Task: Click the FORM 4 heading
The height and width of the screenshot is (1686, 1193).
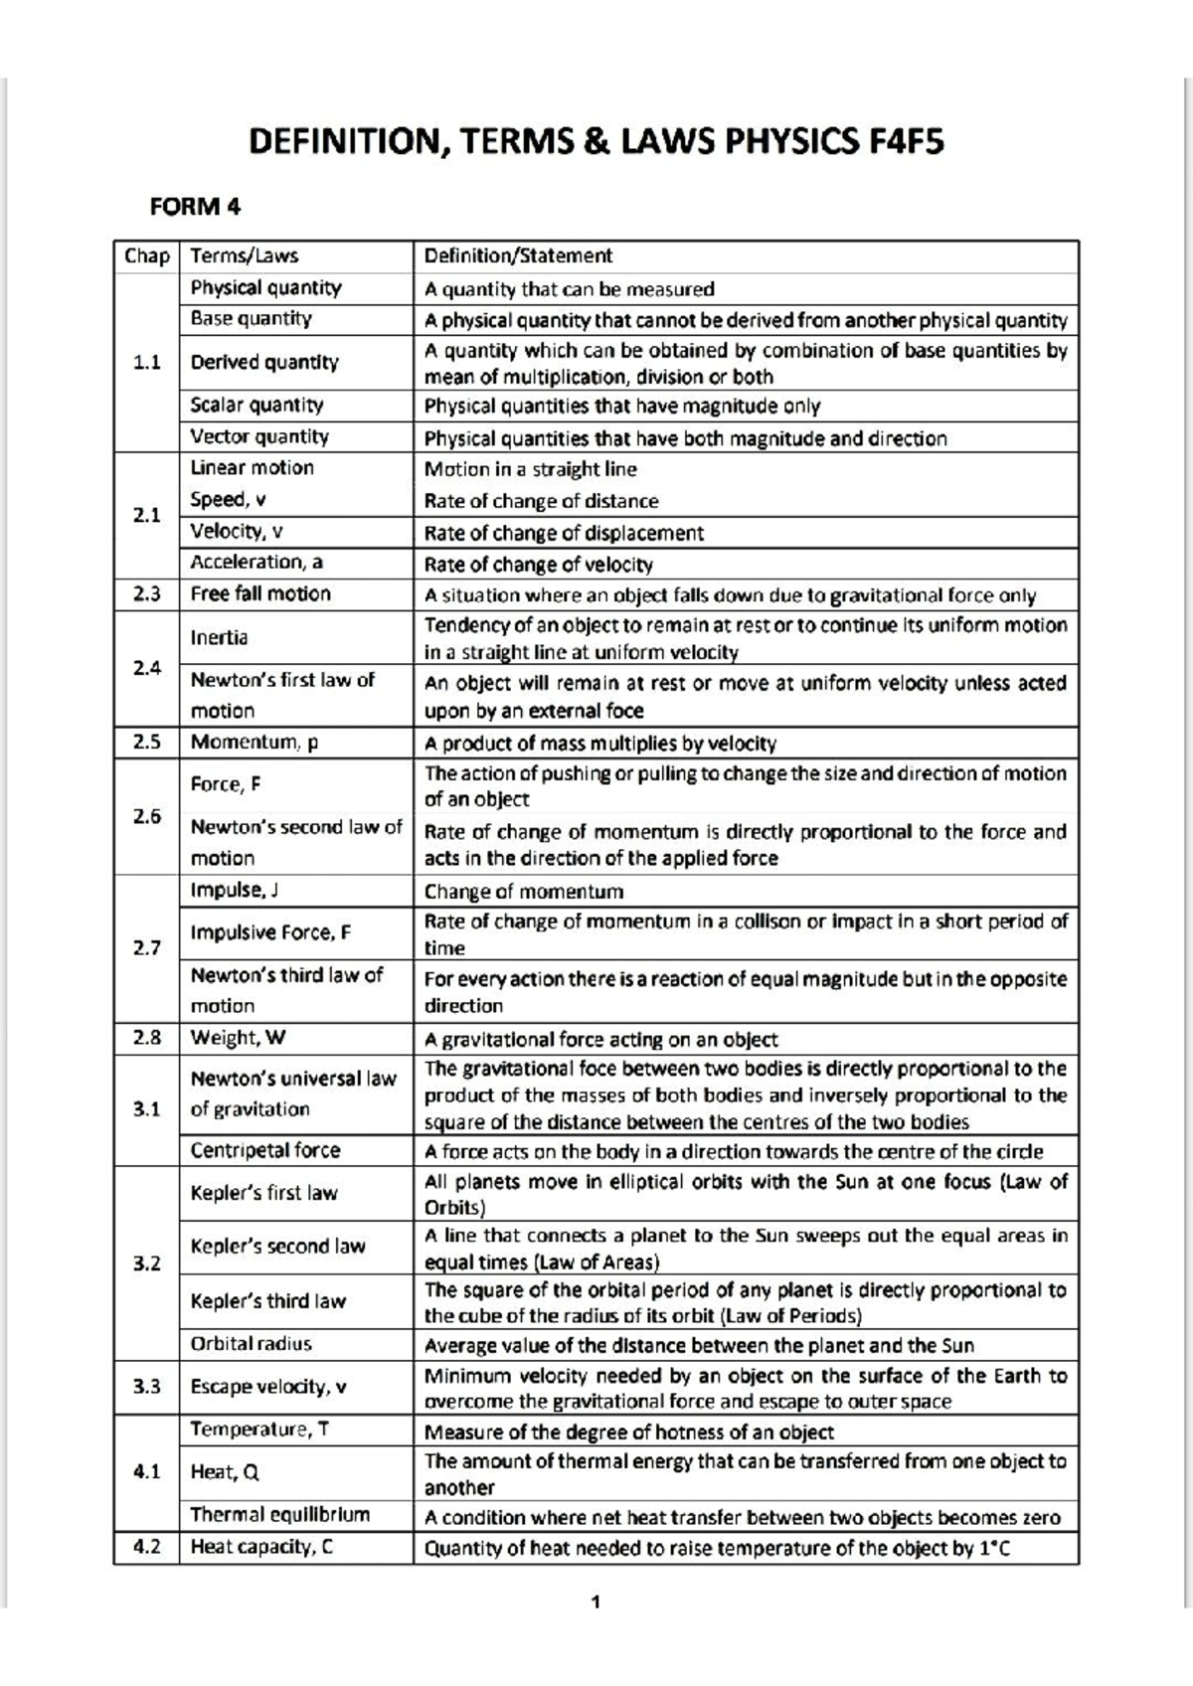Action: (195, 207)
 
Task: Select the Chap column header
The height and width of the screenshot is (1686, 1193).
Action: (146, 255)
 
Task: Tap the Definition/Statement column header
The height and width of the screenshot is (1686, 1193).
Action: (518, 255)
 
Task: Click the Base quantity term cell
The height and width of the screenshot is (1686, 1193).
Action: (251, 319)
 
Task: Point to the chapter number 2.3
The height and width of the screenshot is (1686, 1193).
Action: (146, 594)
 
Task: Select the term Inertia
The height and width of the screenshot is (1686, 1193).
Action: (219, 637)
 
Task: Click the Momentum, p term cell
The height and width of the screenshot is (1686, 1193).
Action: (254, 743)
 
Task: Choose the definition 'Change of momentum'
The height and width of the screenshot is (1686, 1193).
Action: (524, 892)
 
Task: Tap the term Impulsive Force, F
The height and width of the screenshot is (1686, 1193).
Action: (270, 932)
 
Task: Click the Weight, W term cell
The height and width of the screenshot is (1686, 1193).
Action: (238, 1038)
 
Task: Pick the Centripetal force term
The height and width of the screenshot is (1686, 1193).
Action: (264, 1150)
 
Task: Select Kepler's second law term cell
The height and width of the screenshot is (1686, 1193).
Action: (277, 1247)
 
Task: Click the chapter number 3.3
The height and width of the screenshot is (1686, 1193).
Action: (146, 1387)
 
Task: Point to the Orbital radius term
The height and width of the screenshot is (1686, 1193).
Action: (251, 1344)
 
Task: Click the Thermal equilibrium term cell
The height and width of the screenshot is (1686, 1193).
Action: (279, 1515)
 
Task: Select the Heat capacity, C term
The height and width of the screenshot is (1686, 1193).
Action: (261, 1547)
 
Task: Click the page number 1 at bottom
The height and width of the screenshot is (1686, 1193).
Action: (596, 1602)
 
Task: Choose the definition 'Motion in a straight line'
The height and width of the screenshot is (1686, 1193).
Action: (530, 469)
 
